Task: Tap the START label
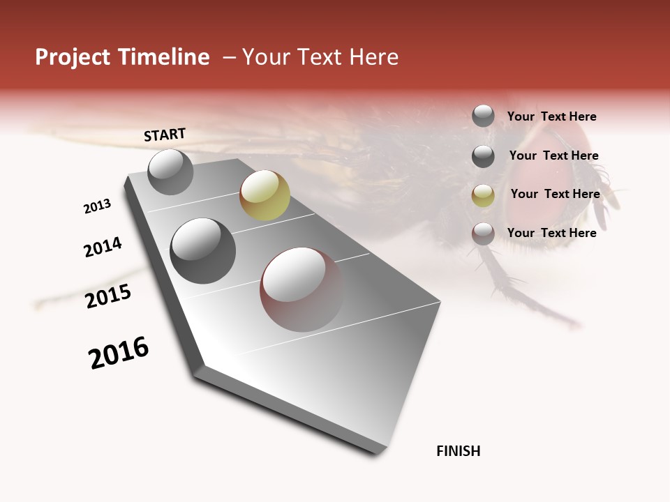(x=165, y=135)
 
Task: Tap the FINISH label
(x=459, y=451)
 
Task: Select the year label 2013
(x=98, y=206)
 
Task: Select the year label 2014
(x=103, y=248)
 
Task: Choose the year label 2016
(x=119, y=353)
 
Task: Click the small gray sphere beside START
(x=170, y=172)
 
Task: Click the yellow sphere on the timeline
(x=265, y=195)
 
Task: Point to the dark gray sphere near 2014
(x=202, y=251)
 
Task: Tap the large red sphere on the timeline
(x=301, y=289)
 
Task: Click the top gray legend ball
(x=483, y=116)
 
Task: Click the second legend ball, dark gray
(x=483, y=156)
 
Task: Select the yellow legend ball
(x=483, y=195)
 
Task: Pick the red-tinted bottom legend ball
(x=483, y=234)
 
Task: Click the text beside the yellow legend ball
(x=555, y=194)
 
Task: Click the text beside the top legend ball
(x=551, y=116)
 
